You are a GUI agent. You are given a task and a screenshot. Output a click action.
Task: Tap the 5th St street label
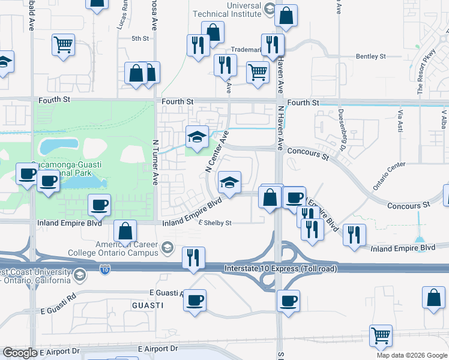click(x=140, y=38)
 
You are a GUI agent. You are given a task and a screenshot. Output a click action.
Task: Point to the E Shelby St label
click(x=214, y=223)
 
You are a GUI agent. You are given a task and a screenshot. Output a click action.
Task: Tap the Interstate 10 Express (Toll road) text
click(x=279, y=268)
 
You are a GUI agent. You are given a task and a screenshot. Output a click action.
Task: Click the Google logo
click(x=20, y=353)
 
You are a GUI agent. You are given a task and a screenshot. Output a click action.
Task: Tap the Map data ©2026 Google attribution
click(x=412, y=355)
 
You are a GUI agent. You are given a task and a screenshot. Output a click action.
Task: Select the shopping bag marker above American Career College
click(x=125, y=230)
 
